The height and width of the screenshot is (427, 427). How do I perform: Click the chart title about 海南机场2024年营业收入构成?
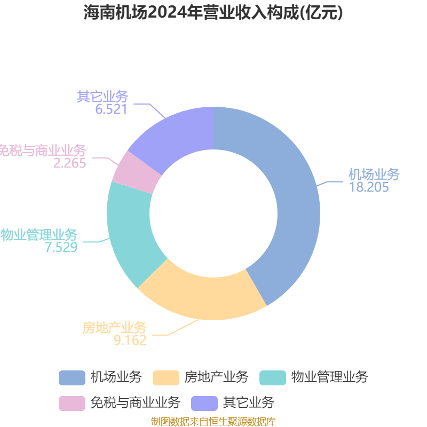point(213,12)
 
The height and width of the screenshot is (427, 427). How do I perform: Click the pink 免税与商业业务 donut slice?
point(136,172)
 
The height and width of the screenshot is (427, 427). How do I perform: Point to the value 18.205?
point(369,187)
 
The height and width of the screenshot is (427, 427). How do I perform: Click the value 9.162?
point(130,340)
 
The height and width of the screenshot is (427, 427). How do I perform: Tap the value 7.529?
point(61,247)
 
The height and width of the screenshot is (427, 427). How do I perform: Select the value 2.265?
point(70,163)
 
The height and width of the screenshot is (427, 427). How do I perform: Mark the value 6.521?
point(111,109)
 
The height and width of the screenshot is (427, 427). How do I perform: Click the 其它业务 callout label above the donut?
point(102,97)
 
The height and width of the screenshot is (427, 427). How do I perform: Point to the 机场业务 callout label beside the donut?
point(374,175)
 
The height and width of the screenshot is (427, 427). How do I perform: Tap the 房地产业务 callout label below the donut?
point(115,328)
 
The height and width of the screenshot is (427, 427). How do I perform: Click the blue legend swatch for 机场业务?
point(72,378)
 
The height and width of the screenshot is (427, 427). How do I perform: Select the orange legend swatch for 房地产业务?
point(166,378)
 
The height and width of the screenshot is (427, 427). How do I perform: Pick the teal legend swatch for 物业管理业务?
point(273,378)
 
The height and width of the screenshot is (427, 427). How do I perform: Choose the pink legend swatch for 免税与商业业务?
point(72,404)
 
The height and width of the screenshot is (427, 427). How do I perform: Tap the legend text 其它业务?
point(248,403)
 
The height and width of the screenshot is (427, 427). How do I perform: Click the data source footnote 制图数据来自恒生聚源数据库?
point(213,421)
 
